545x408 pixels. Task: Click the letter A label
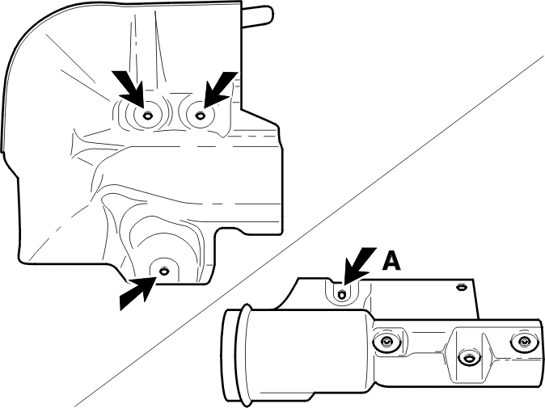coord(391,261)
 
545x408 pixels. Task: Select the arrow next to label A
coord(359,265)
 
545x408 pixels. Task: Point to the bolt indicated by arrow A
coord(342,295)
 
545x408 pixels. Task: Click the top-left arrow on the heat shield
coord(129,89)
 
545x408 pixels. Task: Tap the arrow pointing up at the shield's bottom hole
coord(137,292)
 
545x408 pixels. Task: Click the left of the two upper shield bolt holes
coord(148,115)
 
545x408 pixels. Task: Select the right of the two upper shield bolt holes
coord(200,115)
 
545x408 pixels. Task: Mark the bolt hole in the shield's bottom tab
coord(163,270)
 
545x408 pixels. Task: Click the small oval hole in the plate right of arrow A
coord(461,287)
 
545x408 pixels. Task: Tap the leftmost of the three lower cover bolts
coord(386,343)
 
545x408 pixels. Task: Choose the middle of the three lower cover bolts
coord(469,358)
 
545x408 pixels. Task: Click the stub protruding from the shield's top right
coord(257,16)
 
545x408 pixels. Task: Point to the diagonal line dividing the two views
coord(310,230)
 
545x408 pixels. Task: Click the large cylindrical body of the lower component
coord(306,351)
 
